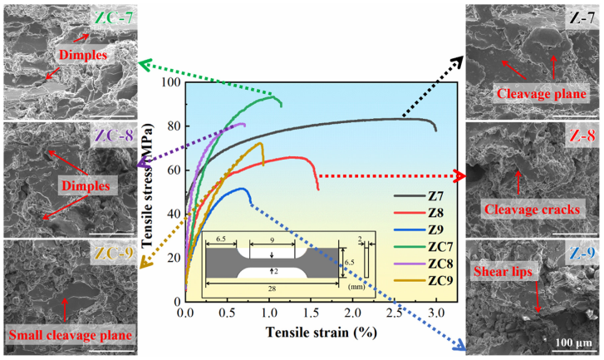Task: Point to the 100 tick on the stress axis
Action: pyautogui.click(x=171, y=82)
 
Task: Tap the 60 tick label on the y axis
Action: pyautogui.click(x=174, y=170)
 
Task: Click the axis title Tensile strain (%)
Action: pyautogui.click(x=322, y=332)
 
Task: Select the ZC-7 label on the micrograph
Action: pyautogui.click(x=114, y=17)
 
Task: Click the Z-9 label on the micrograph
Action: pyautogui.click(x=582, y=253)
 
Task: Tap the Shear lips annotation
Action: pyautogui.click(x=503, y=271)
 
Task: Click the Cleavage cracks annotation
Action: pyautogui.click(x=532, y=210)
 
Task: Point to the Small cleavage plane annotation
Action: pyautogui.click(x=71, y=335)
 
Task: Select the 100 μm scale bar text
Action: pyautogui.click(x=573, y=343)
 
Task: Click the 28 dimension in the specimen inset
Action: pyautogui.click(x=272, y=288)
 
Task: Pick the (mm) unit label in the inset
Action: pyautogui.click(x=356, y=287)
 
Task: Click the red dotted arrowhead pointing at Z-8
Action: pyautogui.click(x=460, y=175)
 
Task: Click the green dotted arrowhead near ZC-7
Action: pyautogui.click(x=144, y=65)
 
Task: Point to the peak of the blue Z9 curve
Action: pyautogui.click(x=242, y=189)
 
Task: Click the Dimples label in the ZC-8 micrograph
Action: pyautogui.click(x=86, y=186)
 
